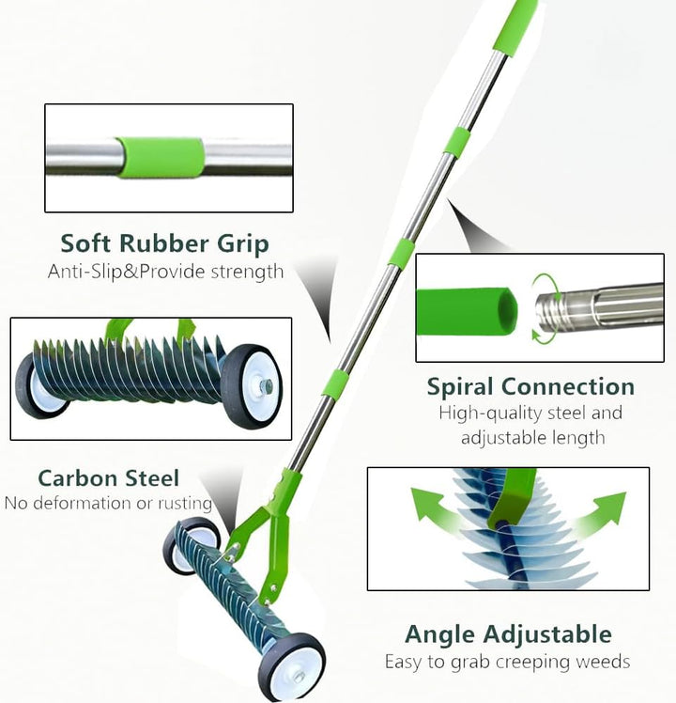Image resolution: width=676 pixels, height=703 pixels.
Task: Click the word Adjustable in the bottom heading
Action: point(547,635)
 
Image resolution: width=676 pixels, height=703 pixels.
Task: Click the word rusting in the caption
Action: point(185,504)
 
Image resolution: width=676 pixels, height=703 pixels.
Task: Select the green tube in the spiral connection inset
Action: point(466,312)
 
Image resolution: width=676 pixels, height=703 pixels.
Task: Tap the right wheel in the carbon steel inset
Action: point(251,385)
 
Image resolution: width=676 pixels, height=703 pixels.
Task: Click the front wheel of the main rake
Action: point(292,666)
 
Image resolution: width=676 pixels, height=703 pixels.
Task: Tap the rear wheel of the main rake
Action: point(191,546)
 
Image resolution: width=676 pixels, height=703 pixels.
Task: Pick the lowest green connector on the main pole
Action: point(335,384)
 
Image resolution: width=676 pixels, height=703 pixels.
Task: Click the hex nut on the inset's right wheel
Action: point(267,384)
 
